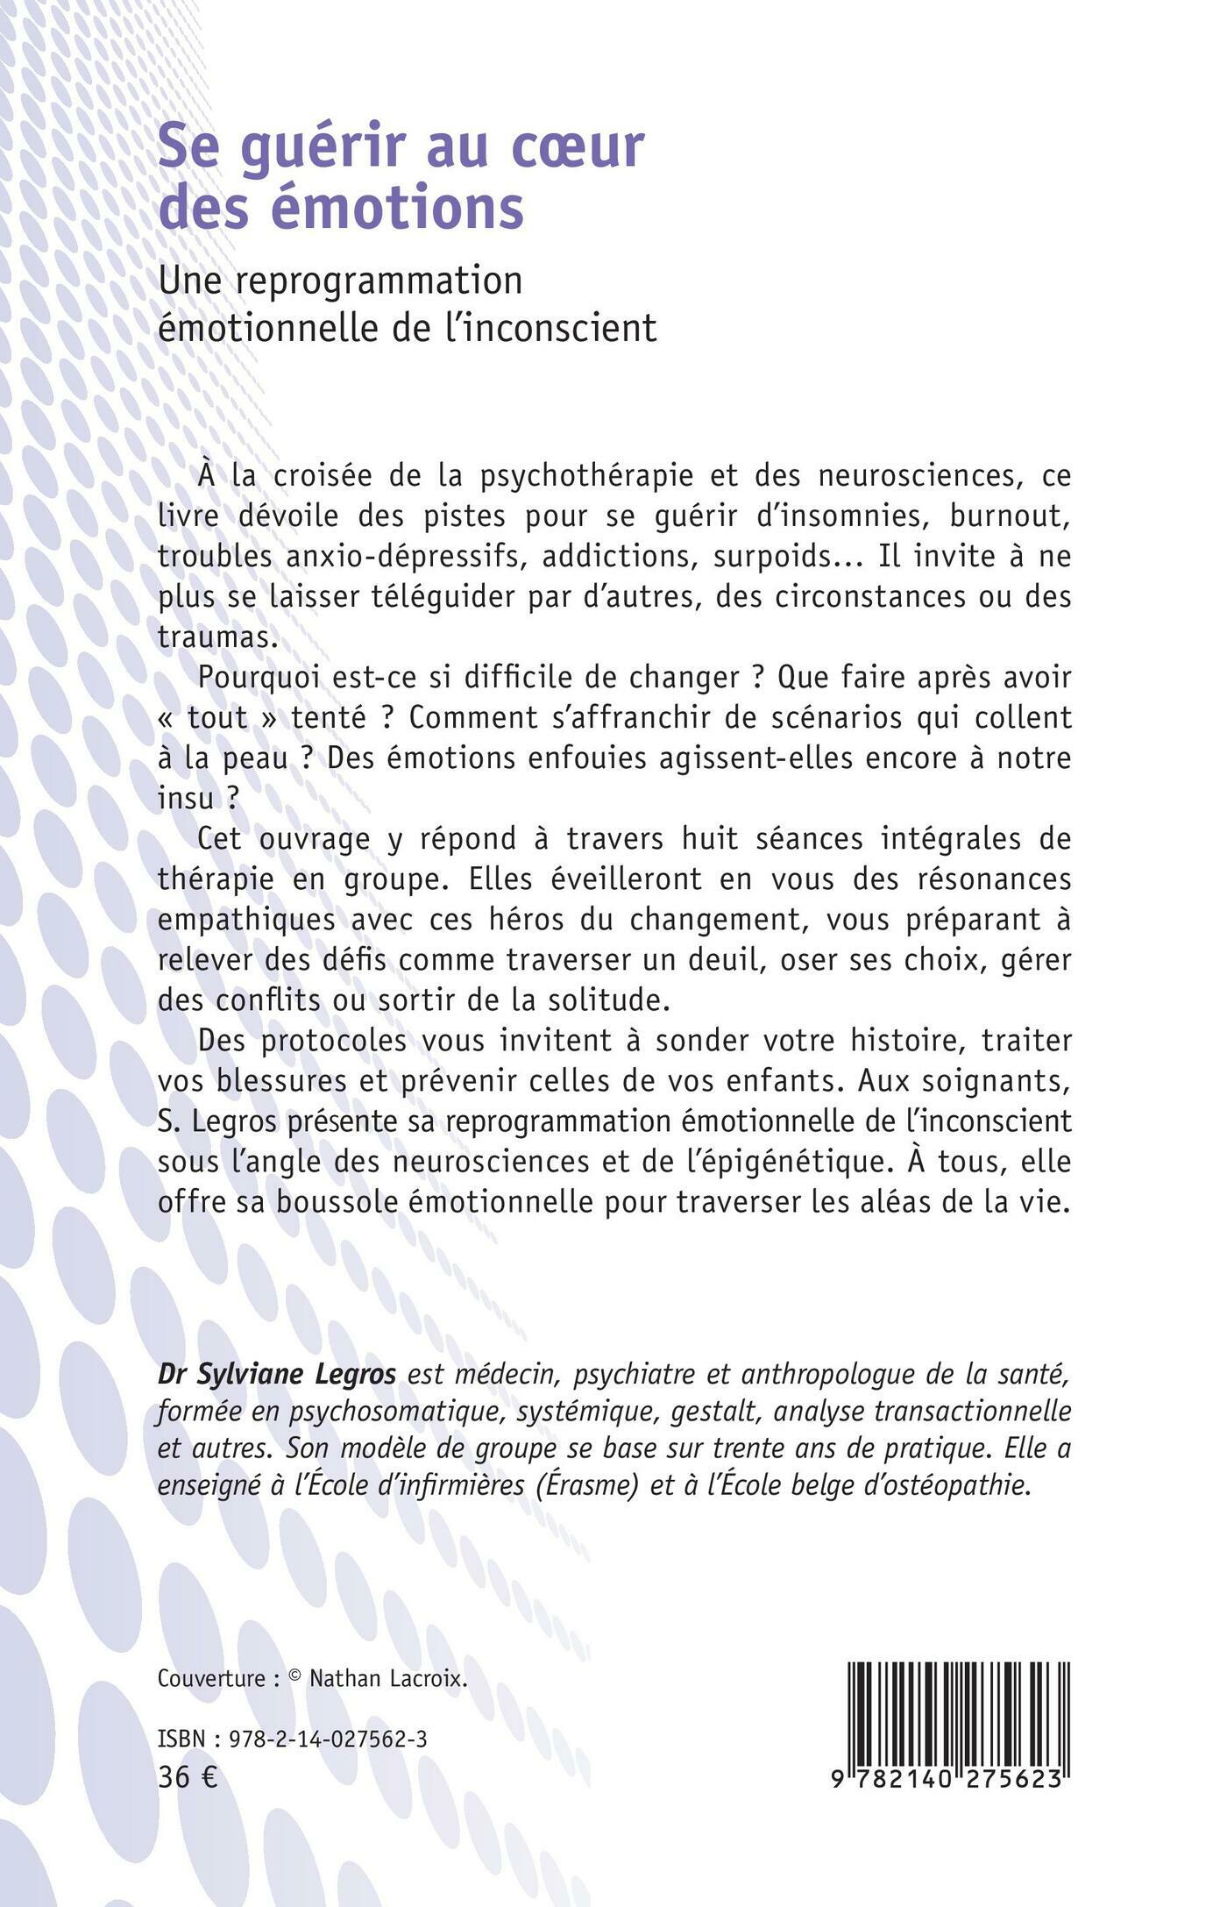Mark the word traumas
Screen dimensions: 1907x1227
pyautogui.click(x=216, y=637)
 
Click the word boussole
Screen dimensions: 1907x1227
pyautogui.click(x=343, y=1202)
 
